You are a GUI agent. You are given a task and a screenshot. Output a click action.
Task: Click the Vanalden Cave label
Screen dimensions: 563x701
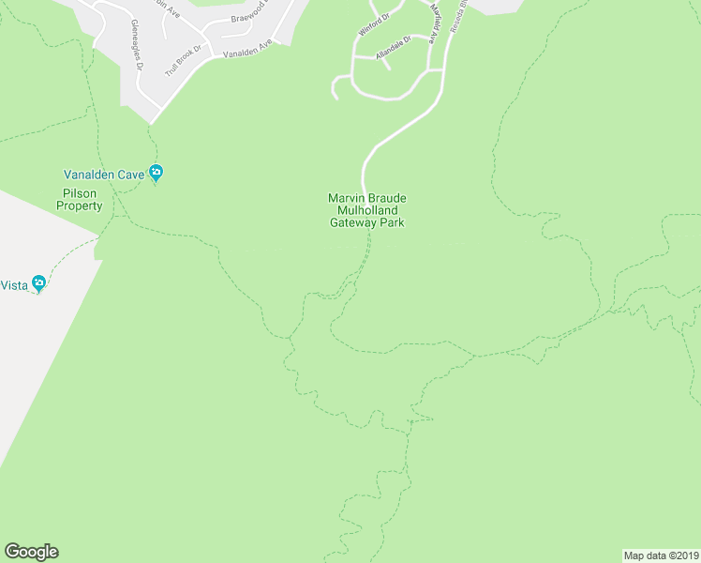pyautogui.click(x=104, y=174)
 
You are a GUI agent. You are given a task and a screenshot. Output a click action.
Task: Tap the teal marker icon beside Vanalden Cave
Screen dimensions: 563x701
pyautogui.click(x=157, y=174)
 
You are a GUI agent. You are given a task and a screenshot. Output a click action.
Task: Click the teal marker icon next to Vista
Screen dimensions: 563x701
pyautogui.click(x=38, y=283)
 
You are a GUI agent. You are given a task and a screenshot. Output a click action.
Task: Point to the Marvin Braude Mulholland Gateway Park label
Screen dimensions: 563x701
pyautogui.click(x=366, y=210)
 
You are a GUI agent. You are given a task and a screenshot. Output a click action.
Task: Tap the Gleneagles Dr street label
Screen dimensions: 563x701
pyautogui.click(x=137, y=45)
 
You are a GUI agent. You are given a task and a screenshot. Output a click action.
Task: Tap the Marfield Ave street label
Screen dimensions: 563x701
pyautogui.click(x=433, y=23)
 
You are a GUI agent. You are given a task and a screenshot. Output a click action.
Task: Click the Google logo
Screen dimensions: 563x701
pyautogui.click(x=31, y=552)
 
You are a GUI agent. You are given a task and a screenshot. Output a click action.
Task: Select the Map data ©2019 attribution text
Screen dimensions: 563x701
pyautogui.click(x=661, y=555)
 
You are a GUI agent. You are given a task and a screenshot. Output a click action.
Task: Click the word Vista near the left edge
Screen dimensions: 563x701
pyautogui.click(x=13, y=285)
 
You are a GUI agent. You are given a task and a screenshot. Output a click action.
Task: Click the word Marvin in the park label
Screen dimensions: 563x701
pyautogui.click(x=345, y=198)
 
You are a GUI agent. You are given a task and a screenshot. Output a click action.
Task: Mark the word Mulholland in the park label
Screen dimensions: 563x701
pyautogui.click(x=366, y=211)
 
